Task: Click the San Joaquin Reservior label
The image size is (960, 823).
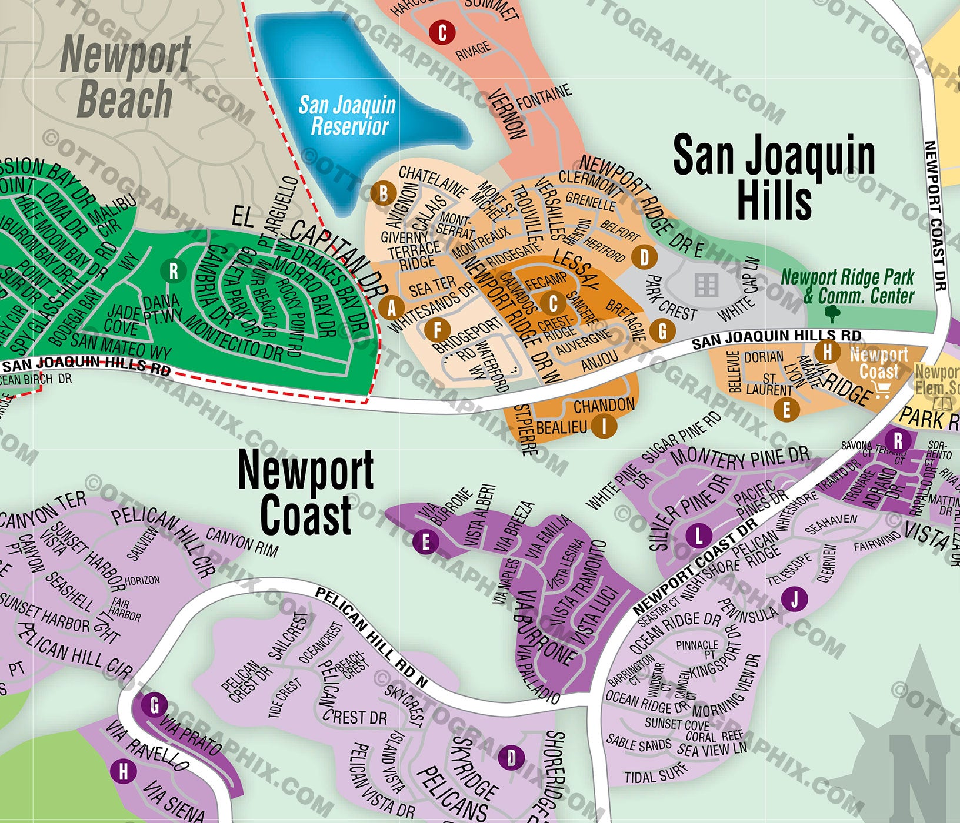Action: [x=347, y=116]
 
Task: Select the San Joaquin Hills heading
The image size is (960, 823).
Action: [x=774, y=176]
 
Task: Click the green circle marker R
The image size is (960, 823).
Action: [x=174, y=271]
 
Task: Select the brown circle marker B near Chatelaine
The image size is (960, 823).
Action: [x=383, y=193]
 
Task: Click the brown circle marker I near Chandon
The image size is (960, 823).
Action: [x=604, y=425]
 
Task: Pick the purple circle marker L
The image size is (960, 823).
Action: [x=699, y=536]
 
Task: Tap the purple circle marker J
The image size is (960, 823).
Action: [x=795, y=600]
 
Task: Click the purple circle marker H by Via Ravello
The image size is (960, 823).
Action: [x=124, y=771]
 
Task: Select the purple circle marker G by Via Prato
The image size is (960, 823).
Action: [x=155, y=705]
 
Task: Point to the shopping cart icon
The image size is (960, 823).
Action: [x=881, y=389]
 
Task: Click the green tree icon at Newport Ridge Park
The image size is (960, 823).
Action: [x=832, y=313]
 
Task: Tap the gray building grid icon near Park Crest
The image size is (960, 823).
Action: [x=706, y=285]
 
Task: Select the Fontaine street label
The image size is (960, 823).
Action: [x=544, y=97]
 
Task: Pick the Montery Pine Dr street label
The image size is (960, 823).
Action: [x=740, y=458]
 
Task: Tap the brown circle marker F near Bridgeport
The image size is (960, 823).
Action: [x=437, y=330]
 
